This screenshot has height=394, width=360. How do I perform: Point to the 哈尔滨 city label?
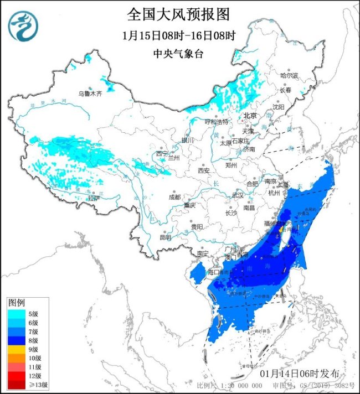(289, 75)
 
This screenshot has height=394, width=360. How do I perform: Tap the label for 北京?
(250, 116)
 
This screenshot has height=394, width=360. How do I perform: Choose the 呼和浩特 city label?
(217, 122)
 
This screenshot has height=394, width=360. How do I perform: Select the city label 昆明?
(165, 237)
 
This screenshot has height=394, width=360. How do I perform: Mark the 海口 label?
(214, 272)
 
